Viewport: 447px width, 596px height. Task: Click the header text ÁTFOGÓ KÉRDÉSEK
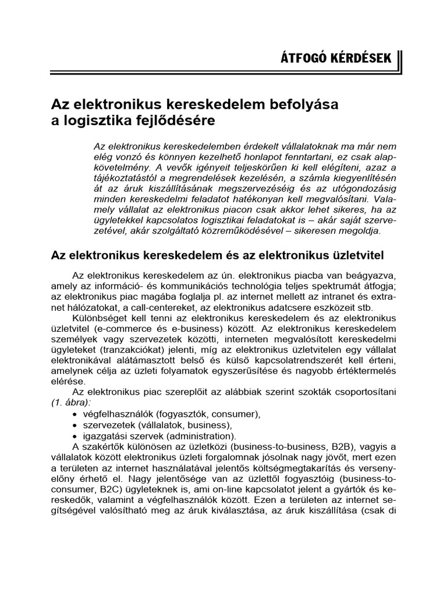[x=336, y=59]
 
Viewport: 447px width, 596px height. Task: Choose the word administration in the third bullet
[x=203, y=436]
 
